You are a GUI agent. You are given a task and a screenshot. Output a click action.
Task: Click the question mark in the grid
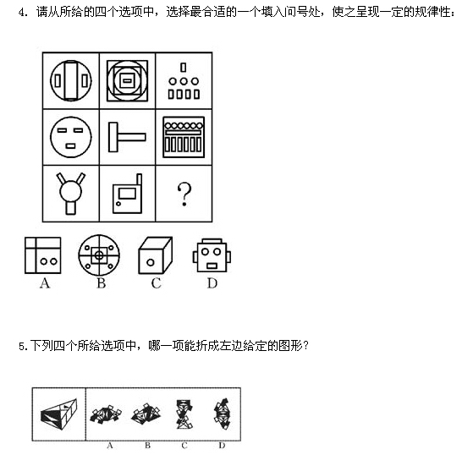click(x=184, y=194)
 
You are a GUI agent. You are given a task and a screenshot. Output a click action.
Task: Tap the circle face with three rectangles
click(x=71, y=137)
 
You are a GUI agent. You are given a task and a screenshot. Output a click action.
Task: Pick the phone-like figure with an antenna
click(x=128, y=194)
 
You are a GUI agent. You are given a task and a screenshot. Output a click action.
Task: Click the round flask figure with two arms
click(x=71, y=193)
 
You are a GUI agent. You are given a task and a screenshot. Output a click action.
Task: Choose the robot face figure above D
click(x=212, y=255)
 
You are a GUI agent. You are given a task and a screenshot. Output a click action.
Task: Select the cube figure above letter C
click(x=156, y=255)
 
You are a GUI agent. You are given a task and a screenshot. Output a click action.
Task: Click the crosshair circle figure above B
click(x=99, y=255)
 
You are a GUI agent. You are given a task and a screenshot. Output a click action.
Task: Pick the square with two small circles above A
click(x=43, y=255)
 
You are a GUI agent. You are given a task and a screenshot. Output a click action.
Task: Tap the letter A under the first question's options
click(x=45, y=283)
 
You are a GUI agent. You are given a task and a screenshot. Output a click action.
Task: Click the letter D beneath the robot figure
click(x=212, y=283)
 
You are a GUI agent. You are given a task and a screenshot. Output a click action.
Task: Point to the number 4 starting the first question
click(x=21, y=13)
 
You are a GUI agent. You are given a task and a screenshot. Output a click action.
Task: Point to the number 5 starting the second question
click(x=22, y=347)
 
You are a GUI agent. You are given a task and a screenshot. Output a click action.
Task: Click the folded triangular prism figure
click(x=59, y=414)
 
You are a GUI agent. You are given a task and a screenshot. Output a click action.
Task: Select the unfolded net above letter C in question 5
click(x=184, y=414)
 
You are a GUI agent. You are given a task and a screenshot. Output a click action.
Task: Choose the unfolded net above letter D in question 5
click(x=223, y=414)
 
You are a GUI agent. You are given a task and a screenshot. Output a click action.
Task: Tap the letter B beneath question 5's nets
click(x=147, y=446)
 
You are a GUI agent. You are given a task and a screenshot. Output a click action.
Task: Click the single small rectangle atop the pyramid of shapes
click(x=184, y=68)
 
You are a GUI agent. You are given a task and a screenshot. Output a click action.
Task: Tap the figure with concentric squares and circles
click(x=127, y=80)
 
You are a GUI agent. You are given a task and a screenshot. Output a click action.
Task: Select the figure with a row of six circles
click(x=184, y=137)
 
